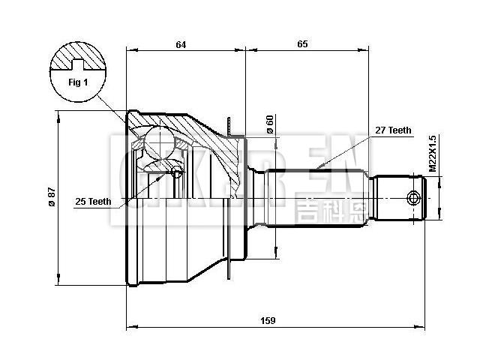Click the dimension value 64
(x=181, y=44)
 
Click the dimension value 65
(x=303, y=44)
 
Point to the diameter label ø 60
(x=269, y=124)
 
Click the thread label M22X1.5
(x=433, y=154)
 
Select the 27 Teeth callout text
(x=393, y=130)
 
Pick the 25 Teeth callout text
(x=93, y=201)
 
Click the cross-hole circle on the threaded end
(x=412, y=198)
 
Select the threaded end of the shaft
(x=401, y=197)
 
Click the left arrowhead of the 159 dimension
(x=129, y=327)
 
